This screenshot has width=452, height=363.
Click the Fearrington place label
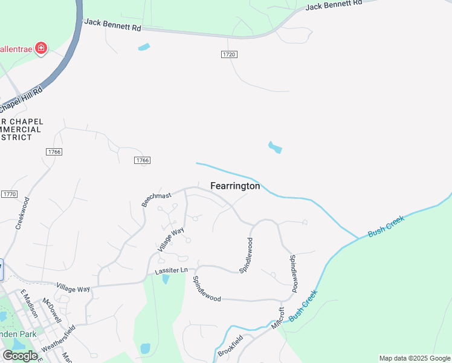[x=235, y=186]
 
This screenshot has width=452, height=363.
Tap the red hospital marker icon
[x=40, y=48]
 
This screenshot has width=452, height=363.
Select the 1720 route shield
[x=228, y=54]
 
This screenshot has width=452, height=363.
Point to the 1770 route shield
[x=9, y=194]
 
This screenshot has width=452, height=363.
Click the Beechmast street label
[x=157, y=199]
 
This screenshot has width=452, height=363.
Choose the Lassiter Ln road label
[x=172, y=270]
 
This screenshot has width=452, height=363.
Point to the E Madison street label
[x=29, y=303]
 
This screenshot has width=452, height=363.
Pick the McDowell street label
[x=52, y=309]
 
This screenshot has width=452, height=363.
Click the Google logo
[x=21, y=356]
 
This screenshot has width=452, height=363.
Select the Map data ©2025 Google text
[x=414, y=358]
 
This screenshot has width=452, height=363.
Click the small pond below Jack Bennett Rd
[x=144, y=47]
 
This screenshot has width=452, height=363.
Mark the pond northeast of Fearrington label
[x=275, y=147]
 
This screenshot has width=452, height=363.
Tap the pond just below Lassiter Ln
[x=166, y=279]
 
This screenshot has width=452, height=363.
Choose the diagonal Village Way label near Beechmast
[x=170, y=240]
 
